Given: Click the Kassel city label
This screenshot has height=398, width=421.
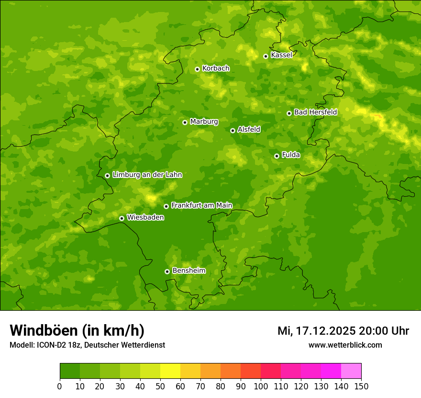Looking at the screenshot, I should pyautogui.click(x=281, y=55).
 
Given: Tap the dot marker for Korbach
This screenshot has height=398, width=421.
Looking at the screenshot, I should pyautogui.click(x=197, y=69).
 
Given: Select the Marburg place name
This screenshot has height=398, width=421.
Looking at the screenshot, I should pyautogui.click(x=204, y=121).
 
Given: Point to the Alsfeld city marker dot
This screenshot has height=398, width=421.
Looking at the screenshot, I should pyautogui.click(x=233, y=130).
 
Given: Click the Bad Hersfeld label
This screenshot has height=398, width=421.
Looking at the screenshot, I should pyautogui.click(x=315, y=112).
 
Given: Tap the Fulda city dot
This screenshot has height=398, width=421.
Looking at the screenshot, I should pyautogui.click(x=277, y=156).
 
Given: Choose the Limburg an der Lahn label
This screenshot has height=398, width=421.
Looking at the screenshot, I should pyautogui.click(x=147, y=175).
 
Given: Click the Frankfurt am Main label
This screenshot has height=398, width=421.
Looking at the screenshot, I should pyautogui.click(x=201, y=205).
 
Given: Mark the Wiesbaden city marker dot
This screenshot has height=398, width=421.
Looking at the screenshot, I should pyautogui.click(x=122, y=218).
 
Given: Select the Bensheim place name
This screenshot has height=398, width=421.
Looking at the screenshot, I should pyautogui.click(x=188, y=270).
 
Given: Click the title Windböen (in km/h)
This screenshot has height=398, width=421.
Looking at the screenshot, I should pyautogui.click(x=77, y=330).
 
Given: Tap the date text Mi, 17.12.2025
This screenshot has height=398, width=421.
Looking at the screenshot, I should pyautogui.click(x=316, y=331).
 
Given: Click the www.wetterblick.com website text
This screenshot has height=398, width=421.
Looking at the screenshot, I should pyautogui.click(x=345, y=345).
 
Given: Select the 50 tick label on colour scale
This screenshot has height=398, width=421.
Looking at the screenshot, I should pyautogui.click(x=160, y=386).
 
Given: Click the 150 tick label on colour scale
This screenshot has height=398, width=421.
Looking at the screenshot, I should pyautogui.click(x=361, y=386).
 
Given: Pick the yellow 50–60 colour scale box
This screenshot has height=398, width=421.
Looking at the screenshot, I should pyautogui.click(x=170, y=371).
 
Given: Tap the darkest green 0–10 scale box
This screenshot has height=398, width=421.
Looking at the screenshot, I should pyautogui.click(x=70, y=371).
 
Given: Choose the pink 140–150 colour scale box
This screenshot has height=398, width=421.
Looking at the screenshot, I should pyautogui.click(x=351, y=371).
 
